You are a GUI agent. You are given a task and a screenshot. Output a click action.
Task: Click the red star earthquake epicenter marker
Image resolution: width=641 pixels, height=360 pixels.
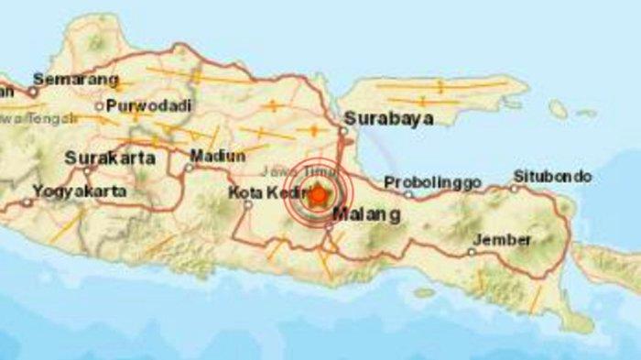click(x=318, y=196)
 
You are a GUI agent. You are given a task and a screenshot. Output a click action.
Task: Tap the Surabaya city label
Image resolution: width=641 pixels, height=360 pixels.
click(x=375, y=118)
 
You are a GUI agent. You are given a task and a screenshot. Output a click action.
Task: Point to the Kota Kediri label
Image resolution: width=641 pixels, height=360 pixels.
click(x=266, y=192)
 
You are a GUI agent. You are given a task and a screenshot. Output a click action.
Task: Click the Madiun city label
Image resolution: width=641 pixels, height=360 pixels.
click(x=218, y=155)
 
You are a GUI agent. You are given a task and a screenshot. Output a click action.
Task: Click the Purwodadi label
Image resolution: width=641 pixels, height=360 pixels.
click(x=148, y=104)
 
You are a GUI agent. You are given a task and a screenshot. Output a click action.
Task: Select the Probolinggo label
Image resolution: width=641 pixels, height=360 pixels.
click(x=432, y=182)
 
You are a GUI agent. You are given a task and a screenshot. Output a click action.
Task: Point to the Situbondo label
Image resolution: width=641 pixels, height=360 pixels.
click(x=552, y=176)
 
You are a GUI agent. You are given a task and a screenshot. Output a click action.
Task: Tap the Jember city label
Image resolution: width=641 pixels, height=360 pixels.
click(x=500, y=240)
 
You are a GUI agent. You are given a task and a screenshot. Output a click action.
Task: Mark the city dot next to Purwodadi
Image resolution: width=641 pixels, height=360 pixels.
click(x=99, y=105)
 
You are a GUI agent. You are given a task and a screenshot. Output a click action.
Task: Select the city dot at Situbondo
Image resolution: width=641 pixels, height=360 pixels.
click(x=516, y=189)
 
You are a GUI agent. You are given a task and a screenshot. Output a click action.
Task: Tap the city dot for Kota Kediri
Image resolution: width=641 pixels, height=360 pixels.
click(x=248, y=204)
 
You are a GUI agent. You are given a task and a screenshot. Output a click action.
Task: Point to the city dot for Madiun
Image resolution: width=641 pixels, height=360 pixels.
click(x=188, y=168)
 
